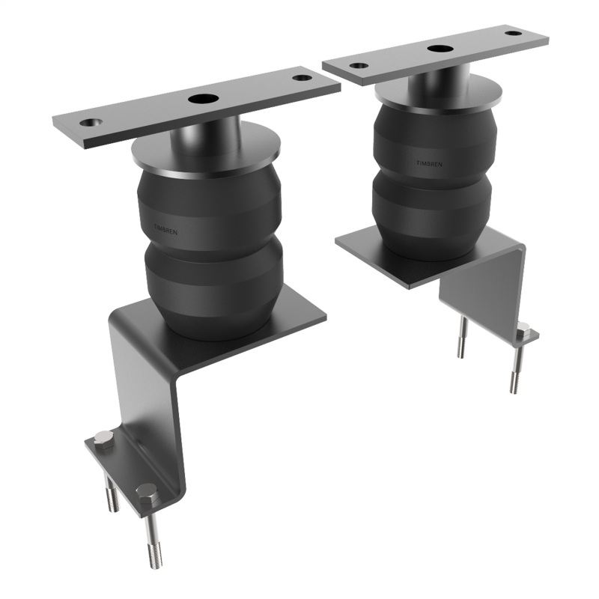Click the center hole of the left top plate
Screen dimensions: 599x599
(201, 98)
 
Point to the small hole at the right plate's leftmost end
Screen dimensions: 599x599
(359, 66)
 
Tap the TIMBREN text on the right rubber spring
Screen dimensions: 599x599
(429, 162)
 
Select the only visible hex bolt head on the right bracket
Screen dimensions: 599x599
(523, 330)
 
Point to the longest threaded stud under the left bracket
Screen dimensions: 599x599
(152, 542)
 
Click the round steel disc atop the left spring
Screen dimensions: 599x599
(206, 153)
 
